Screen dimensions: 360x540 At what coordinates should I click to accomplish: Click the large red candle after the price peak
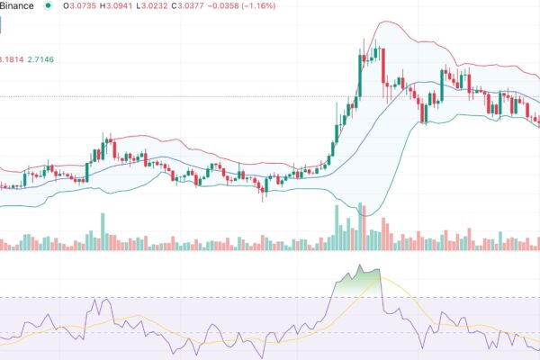[x=382, y=65]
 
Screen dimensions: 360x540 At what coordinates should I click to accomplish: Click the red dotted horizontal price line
[x=180, y=95]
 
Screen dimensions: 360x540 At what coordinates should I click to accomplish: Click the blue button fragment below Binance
[x=2, y=28]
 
